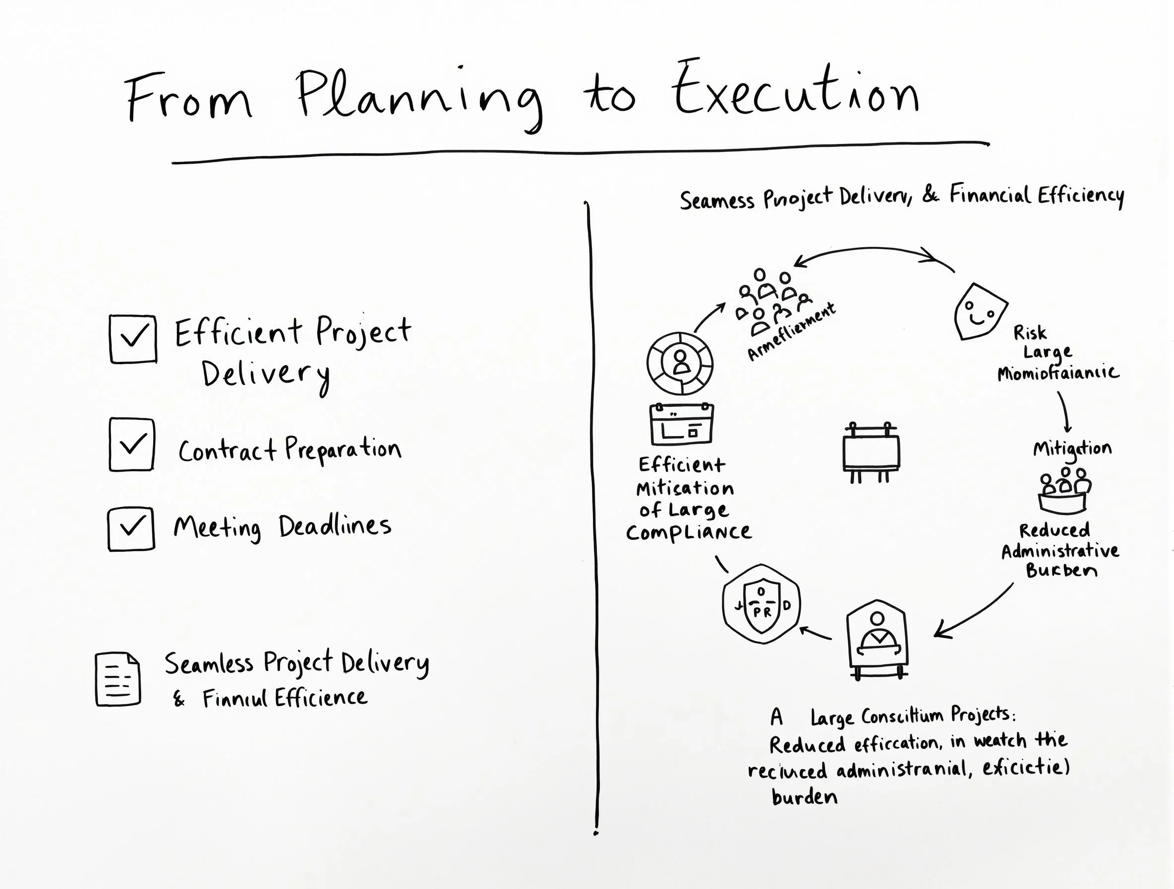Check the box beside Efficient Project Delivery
pos(133,339)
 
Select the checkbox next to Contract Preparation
pos(131,444)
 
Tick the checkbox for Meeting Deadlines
pos(131,528)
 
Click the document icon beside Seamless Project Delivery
pos(118,679)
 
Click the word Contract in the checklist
pos(227,451)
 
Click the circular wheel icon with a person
pos(680,363)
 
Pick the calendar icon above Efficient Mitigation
pos(682,424)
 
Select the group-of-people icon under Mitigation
pos(1064,491)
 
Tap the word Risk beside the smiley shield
pos(1030,333)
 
